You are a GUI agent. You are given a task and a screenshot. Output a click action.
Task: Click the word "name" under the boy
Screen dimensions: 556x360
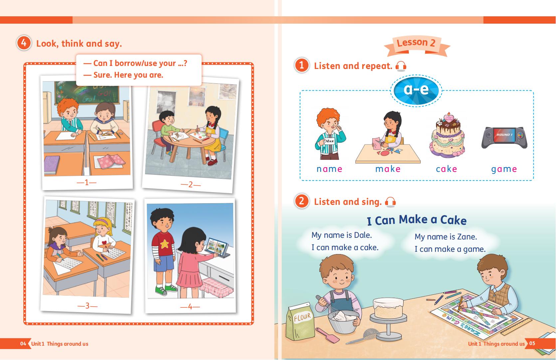pyautogui.click(x=329, y=169)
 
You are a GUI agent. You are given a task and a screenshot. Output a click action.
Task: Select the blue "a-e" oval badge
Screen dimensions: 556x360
pyautogui.click(x=416, y=90)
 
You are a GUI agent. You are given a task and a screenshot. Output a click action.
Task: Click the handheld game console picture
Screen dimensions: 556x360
pyautogui.click(x=504, y=138)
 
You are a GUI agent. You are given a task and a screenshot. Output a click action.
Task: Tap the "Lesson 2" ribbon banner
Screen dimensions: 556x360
pyautogui.click(x=417, y=45)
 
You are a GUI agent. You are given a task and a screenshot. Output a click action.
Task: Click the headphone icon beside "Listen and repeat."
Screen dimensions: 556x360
pyautogui.click(x=401, y=66)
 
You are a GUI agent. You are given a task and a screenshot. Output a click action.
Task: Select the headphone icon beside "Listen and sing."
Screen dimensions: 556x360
pyautogui.click(x=390, y=202)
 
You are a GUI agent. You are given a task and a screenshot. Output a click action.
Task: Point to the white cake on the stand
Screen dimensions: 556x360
pyautogui.click(x=388, y=308)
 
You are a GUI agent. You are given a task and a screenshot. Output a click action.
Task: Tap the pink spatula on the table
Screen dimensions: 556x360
pyautogui.click(x=327, y=335)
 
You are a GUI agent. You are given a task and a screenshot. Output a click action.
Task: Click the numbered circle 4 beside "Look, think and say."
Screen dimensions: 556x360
pyautogui.click(x=24, y=43)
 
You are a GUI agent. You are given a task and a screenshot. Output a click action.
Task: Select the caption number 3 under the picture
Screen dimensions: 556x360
pyautogui.click(x=88, y=306)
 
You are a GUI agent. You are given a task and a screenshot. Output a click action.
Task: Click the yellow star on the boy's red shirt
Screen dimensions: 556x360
pyautogui.click(x=164, y=244)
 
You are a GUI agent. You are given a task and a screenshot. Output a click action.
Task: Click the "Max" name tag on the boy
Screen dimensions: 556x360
pyautogui.click(x=329, y=141)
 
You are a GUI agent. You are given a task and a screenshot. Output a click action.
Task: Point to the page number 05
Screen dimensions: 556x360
pyautogui.click(x=532, y=343)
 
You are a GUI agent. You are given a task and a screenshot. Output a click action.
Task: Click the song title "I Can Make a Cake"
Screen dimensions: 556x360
pyautogui.click(x=417, y=220)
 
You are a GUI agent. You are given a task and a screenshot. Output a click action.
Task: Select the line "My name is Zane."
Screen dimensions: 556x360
pyautogui.click(x=446, y=236)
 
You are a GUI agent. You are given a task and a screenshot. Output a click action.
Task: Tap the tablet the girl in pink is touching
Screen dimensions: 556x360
pyautogui.click(x=217, y=247)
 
